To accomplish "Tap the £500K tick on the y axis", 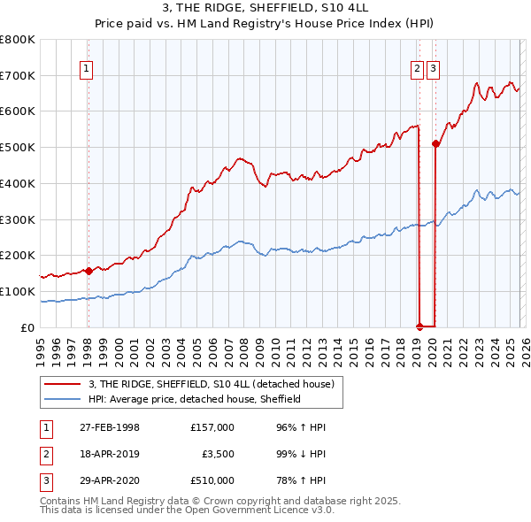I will click(18, 147).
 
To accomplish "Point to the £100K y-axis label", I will click(18, 291).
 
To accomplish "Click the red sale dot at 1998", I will click(88, 271).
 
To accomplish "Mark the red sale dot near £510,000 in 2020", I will click(435, 143).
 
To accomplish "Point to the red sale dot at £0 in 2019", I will click(419, 326).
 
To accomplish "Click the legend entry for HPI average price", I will click(195, 399).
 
